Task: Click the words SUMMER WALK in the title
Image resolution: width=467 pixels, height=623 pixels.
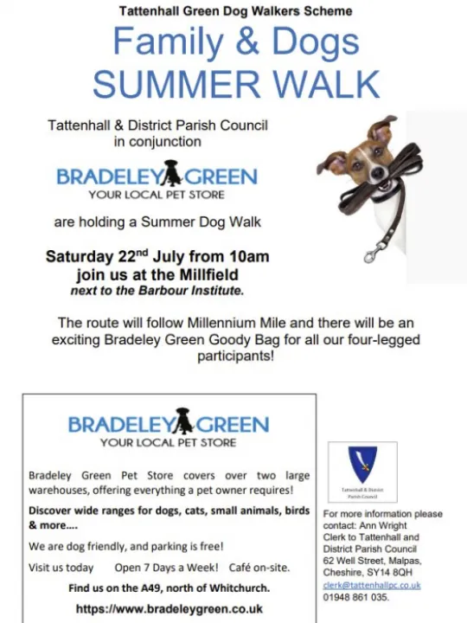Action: pyautogui.click(x=235, y=84)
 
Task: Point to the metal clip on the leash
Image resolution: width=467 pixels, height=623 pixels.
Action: pyautogui.click(x=374, y=253)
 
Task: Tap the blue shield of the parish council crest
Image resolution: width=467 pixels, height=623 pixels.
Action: pyautogui.click(x=361, y=465)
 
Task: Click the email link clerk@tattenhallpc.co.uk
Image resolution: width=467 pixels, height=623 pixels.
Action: pyautogui.click(x=371, y=585)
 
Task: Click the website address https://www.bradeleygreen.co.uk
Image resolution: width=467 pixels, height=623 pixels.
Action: pyautogui.click(x=170, y=608)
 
